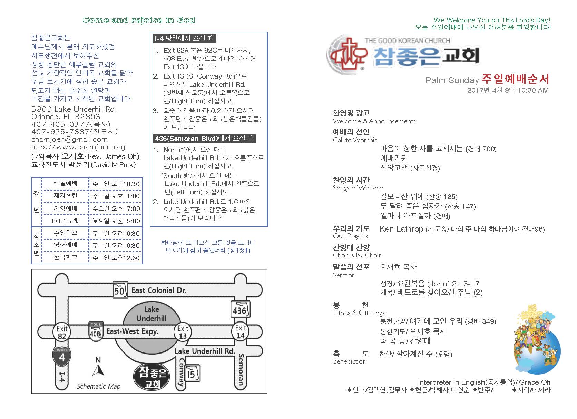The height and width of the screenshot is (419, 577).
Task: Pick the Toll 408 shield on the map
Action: click(96, 331)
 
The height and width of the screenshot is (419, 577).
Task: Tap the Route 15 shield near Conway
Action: click(191, 374)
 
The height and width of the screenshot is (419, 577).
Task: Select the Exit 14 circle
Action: click(241, 332)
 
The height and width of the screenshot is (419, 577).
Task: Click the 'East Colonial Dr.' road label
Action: click(158, 290)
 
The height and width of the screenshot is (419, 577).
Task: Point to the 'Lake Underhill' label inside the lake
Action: click(151, 314)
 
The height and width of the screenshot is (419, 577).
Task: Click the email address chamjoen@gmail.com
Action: click(69, 140)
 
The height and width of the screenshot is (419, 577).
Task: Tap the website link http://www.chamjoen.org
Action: click(78, 147)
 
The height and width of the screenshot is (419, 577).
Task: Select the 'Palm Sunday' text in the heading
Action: click(452, 80)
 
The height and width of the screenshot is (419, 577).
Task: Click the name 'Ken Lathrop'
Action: click(401, 229)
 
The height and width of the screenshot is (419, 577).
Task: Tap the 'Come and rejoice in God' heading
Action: click(139, 20)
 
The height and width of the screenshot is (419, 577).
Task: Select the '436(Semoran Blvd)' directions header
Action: click(204, 139)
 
